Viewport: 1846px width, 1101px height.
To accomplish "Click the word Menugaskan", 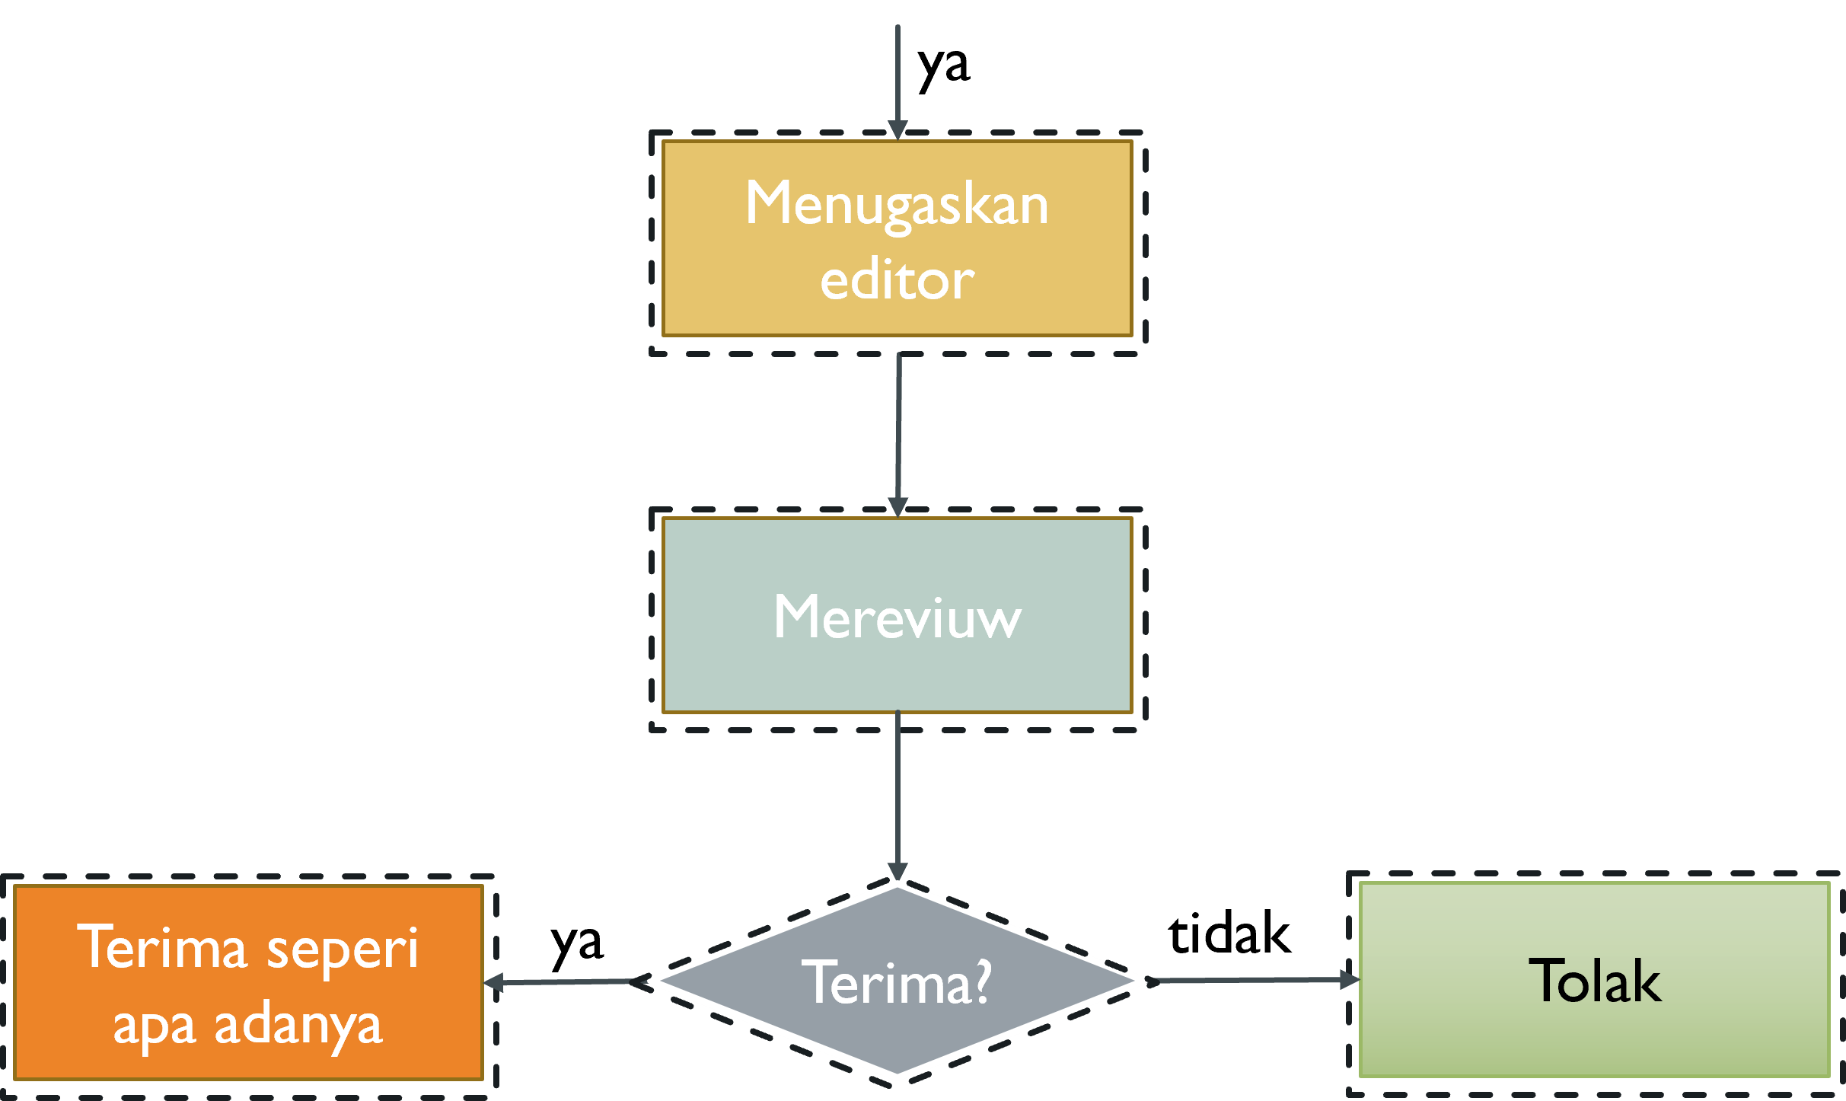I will tap(897, 204).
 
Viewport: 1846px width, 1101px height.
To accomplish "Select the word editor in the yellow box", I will tap(897, 280).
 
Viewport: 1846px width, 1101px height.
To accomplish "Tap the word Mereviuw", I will tap(897, 617).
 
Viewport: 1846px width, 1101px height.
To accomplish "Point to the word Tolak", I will tap(1594, 981).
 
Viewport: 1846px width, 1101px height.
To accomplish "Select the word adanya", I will tap(298, 1026).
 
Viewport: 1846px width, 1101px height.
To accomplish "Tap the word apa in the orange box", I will tap(155, 1026).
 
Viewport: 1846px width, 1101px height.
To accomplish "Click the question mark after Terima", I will tap(983, 982).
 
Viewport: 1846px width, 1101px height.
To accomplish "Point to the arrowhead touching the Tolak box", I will tap(1350, 980).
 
